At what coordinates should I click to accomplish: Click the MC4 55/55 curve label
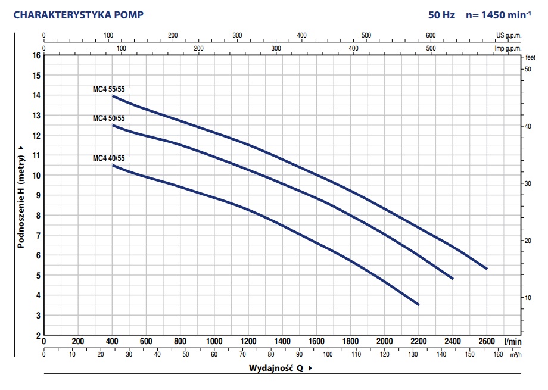[x=109, y=89]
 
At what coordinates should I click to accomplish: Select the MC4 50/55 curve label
[x=109, y=118]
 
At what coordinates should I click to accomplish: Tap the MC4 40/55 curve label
[x=109, y=158]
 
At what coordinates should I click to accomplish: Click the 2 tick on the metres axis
[x=38, y=335]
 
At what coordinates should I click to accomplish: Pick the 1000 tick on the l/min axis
[x=214, y=342]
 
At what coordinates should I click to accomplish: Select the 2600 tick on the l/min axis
[x=487, y=342]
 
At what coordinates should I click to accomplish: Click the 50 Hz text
[x=441, y=15]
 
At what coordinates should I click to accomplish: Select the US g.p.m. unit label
[x=508, y=35]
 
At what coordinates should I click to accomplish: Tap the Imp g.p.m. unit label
[x=507, y=48]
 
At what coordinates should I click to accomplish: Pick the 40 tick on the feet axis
[x=527, y=127]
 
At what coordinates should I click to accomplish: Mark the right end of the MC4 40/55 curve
[x=419, y=304]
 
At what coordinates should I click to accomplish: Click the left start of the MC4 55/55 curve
[x=113, y=96]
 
